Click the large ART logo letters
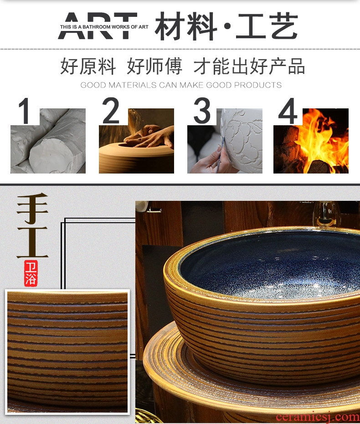[98, 26]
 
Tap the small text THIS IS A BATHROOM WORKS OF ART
[104, 27]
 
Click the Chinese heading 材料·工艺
[226, 26]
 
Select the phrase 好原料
[88, 66]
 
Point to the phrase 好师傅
[154, 66]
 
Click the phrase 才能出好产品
[249, 66]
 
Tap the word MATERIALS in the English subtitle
[133, 85]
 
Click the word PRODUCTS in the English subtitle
[258, 85]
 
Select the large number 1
[24, 111]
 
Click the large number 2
[111, 111]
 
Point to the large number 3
[202, 111]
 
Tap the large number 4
[288, 111]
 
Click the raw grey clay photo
[48, 141]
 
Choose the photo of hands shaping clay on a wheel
[136, 141]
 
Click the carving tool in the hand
[220, 155]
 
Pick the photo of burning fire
[311, 141]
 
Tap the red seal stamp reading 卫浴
[31, 273]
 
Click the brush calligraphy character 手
[32, 208]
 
